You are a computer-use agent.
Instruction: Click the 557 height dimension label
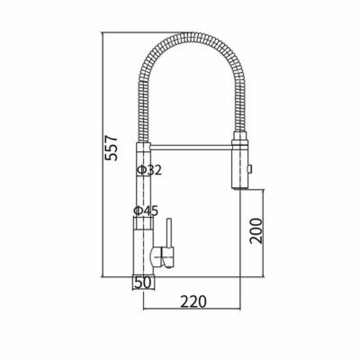tap(111, 148)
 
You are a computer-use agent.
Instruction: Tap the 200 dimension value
tap(256, 231)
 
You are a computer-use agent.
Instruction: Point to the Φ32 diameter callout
tap(149, 170)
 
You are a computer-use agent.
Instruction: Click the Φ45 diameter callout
tap(146, 211)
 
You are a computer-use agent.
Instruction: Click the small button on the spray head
tap(249, 169)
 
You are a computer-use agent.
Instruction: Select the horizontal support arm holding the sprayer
tap(191, 147)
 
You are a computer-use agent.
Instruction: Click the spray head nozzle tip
tap(240, 188)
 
